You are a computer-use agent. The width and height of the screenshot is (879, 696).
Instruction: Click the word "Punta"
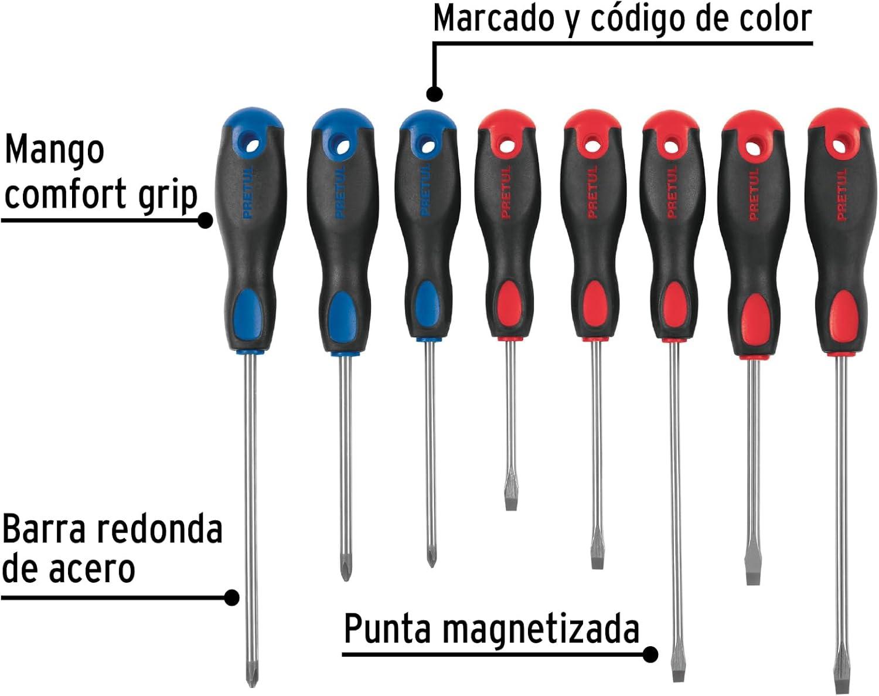pos(387,629)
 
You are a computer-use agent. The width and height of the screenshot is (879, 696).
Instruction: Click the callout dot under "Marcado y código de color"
pos(435,94)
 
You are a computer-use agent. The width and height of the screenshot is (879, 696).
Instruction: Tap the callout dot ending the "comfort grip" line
pos(205,220)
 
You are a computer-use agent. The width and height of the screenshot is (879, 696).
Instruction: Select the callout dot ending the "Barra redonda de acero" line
pos(231,597)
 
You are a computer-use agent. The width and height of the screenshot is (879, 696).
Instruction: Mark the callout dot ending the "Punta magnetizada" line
pos(650,654)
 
